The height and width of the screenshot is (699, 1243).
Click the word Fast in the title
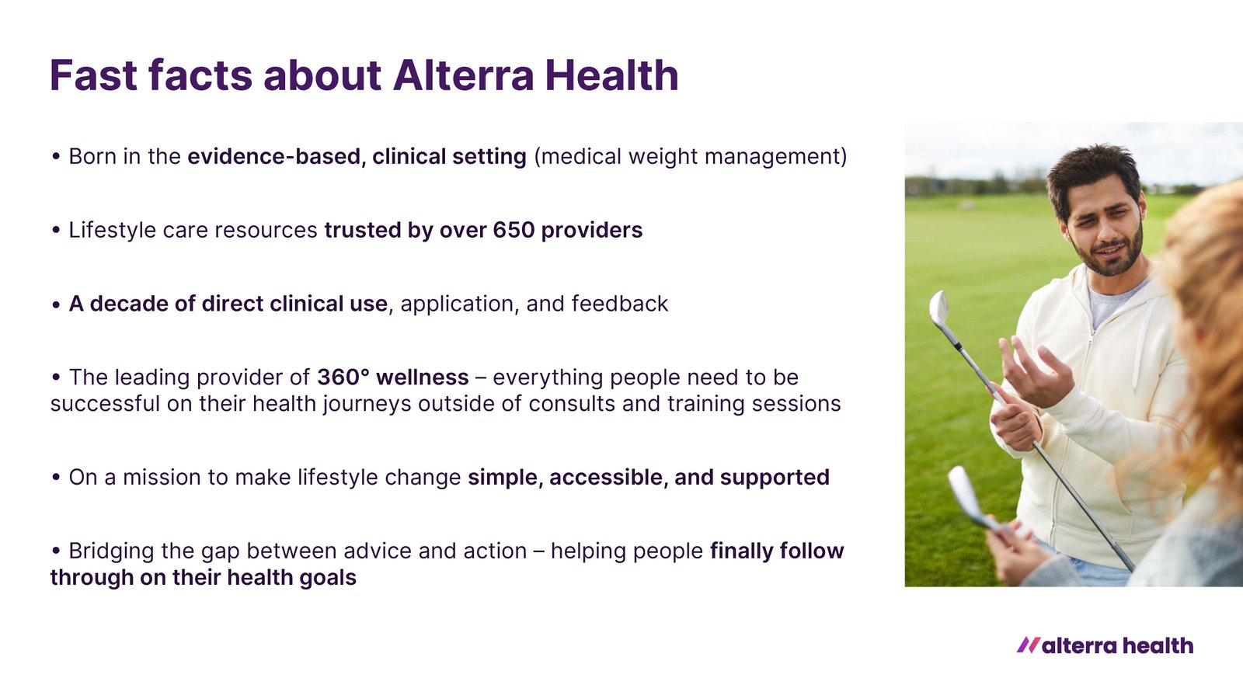93,75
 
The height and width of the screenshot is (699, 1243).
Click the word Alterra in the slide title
463,75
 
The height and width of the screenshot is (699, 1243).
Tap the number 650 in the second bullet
514,230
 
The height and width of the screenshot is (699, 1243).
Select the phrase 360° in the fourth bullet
343,377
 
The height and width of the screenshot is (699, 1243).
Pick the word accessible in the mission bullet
608,477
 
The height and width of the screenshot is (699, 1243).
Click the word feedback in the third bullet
620,304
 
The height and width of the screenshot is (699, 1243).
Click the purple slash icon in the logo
1029,645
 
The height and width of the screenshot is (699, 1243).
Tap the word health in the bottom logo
1158,645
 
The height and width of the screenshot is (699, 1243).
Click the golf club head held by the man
939,308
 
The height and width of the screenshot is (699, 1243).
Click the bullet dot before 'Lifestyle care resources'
55,230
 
